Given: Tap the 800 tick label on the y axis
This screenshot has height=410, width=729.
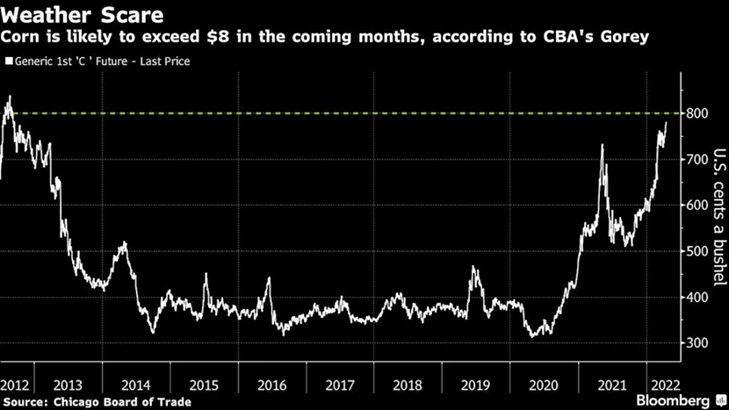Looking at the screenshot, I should pyautogui.click(x=698, y=113).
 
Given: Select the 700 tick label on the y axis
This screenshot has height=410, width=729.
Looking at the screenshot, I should pyautogui.click(x=698, y=159).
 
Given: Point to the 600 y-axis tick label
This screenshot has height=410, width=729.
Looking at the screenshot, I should pyautogui.click(x=698, y=205).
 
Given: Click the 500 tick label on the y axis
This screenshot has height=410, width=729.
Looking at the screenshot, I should pyautogui.click(x=698, y=251).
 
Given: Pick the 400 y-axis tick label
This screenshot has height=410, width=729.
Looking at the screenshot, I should pyautogui.click(x=698, y=297).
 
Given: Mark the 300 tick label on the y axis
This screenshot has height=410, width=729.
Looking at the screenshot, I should pyautogui.click(x=698, y=342).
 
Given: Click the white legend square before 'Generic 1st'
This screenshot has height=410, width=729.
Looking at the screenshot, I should pyautogui.click(x=10, y=61).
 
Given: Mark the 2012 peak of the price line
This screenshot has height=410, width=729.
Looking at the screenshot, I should pyautogui.click(x=10, y=97).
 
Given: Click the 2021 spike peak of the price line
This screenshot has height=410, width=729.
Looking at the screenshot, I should pyautogui.click(x=602, y=145).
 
